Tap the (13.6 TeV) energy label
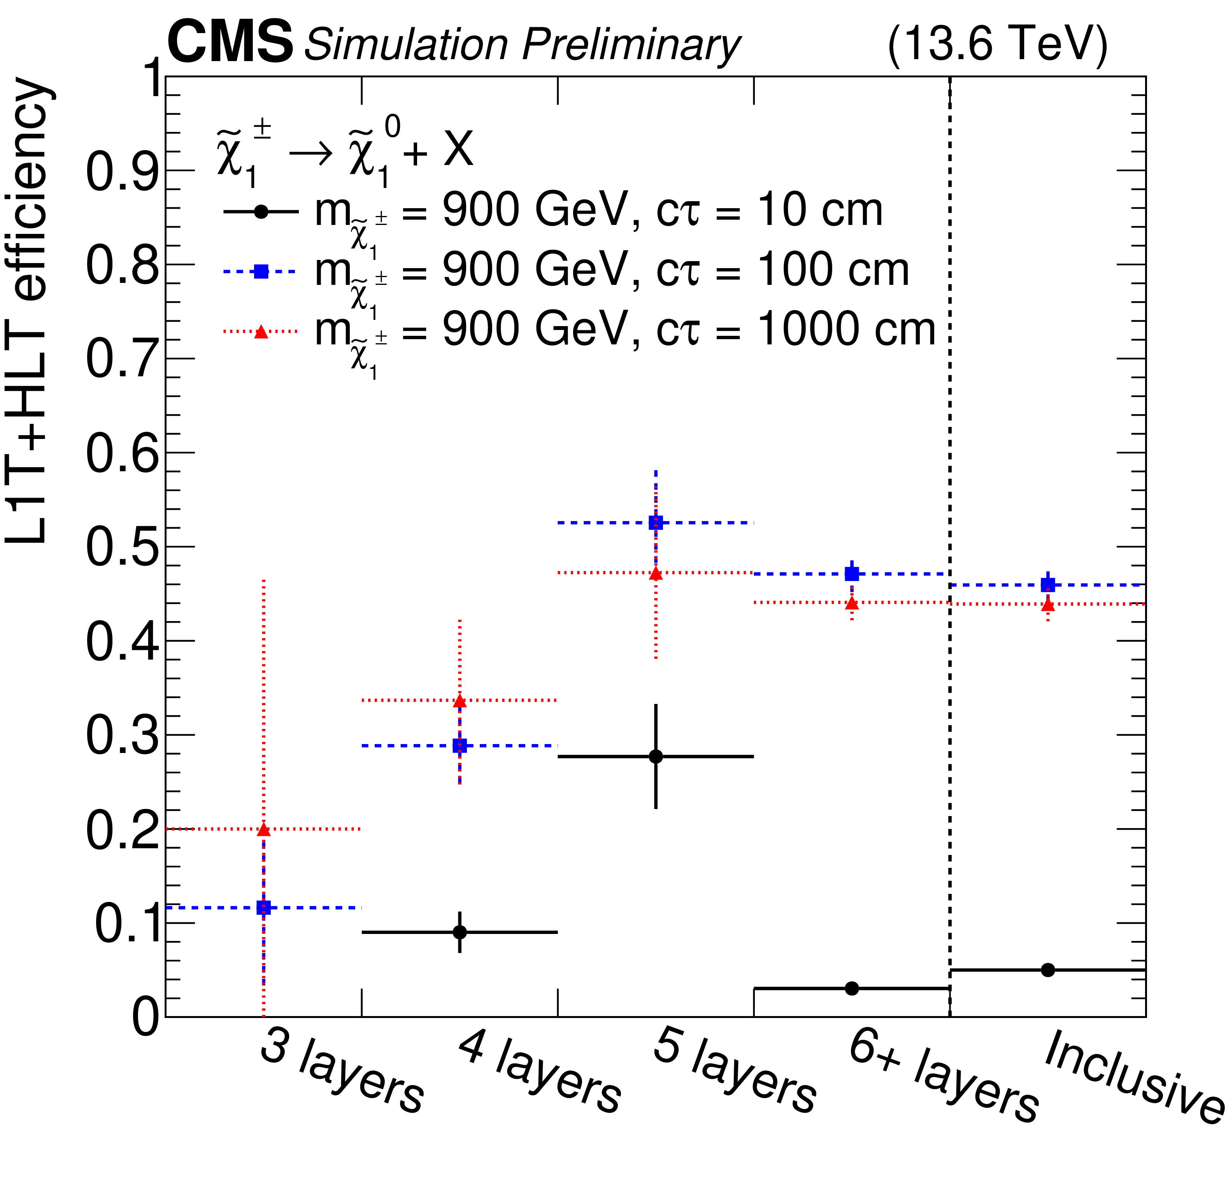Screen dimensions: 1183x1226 [x=997, y=42]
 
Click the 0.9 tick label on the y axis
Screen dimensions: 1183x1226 [x=122, y=171]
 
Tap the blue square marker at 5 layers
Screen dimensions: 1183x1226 [x=656, y=522]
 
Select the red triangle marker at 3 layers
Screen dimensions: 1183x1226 [x=263, y=830]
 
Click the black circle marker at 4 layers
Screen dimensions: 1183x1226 [x=460, y=932]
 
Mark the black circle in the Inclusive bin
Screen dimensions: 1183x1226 [x=1048, y=970]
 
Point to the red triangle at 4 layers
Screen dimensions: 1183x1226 [x=460, y=701]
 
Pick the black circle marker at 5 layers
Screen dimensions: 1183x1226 [x=656, y=756]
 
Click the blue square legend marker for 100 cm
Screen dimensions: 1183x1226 [x=261, y=271]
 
